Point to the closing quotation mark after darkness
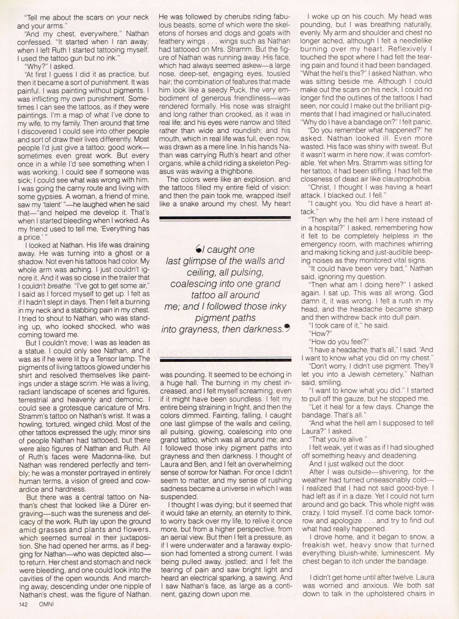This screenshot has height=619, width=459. tap(285, 328)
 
